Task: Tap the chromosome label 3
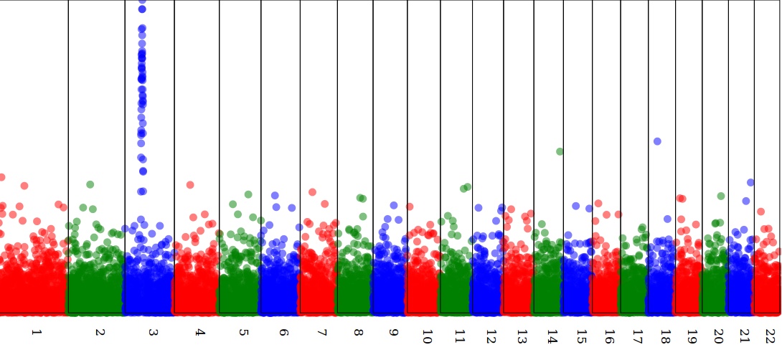pos(153,333)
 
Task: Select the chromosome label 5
pos(244,333)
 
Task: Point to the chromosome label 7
pos(321,333)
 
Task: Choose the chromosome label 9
pos(393,333)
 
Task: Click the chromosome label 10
pos(427,336)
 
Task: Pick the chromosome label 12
pos(491,336)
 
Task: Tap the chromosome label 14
pos(552,336)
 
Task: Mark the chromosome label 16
pos(609,336)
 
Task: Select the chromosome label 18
pos(665,336)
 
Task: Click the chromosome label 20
pos(719,336)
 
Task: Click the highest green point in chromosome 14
pos(560,151)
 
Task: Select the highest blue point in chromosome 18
pos(657,141)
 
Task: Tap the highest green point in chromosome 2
pos(90,184)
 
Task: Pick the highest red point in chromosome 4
pos(190,184)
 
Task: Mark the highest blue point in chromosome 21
pos(750,183)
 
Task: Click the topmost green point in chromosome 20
pos(721,196)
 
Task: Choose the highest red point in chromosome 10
pos(410,207)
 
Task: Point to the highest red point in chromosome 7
pos(312,192)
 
